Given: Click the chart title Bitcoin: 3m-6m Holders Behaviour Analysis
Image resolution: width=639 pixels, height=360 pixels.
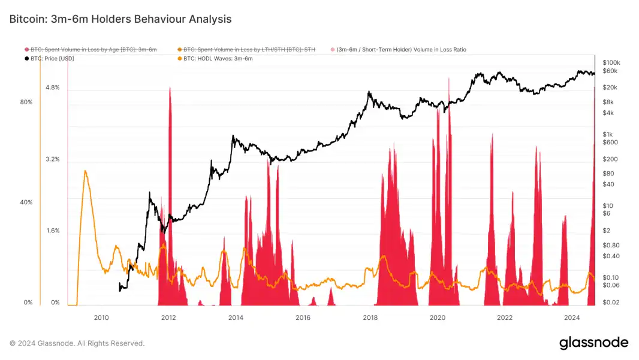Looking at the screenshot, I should point(120,19).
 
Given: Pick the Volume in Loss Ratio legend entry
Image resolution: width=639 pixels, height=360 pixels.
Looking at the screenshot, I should point(401,50).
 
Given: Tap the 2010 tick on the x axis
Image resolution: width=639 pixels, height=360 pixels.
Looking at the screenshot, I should point(101,317).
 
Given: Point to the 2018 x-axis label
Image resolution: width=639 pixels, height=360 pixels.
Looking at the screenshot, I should point(370,317).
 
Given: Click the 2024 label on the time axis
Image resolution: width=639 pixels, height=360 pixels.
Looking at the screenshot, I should point(572,317).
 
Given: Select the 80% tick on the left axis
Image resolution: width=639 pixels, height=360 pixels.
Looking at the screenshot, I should point(26,102).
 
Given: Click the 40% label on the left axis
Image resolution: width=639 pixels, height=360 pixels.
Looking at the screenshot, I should point(26,202).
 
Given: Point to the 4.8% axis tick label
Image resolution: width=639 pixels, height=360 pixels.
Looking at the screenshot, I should point(53,87).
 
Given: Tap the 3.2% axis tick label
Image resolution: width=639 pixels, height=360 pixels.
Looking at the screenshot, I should point(53,159).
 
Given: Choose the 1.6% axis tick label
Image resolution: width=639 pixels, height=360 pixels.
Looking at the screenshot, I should point(53,231).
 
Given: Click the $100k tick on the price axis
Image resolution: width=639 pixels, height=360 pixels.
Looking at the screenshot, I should point(611,62).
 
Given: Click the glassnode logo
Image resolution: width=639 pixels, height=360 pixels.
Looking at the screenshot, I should point(593,343).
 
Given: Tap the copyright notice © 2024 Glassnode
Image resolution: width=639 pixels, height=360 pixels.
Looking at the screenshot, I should point(77,343).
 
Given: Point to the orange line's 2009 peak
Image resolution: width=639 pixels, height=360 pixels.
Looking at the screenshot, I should point(86,171).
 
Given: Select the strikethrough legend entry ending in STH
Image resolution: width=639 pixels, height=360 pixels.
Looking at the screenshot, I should point(249,50).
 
